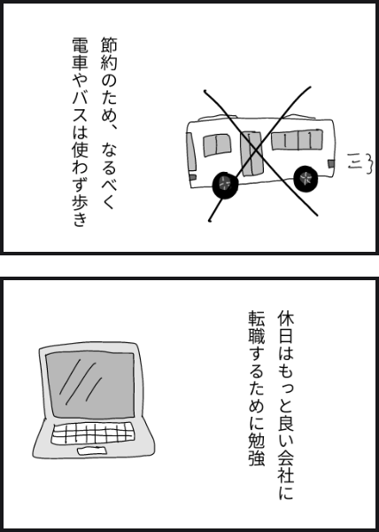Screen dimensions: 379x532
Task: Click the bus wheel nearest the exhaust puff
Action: click(306, 178)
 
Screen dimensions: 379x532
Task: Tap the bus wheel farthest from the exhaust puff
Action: click(225, 184)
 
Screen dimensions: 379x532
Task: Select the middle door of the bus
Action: click(251, 153)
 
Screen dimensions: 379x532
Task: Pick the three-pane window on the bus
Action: click(297, 139)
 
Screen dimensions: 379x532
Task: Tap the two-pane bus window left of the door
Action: click(217, 145)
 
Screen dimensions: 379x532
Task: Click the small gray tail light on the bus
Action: click(331, 163)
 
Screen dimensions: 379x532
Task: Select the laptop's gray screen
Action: click(90, 385)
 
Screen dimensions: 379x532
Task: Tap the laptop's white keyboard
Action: click(91, 434)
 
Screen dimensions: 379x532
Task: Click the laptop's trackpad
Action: click(92, 451)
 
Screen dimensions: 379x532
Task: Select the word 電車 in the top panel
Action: click(80, 53)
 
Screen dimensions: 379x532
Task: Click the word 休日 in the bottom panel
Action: click(285, 326)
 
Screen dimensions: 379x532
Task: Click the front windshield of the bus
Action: click(190, 152)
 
